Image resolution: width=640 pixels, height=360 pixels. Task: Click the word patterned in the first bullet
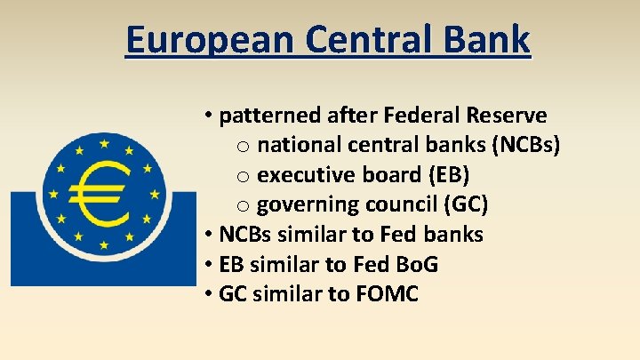265,116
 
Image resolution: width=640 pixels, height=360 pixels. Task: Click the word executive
299,174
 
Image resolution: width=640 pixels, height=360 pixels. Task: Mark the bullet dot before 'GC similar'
206,294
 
